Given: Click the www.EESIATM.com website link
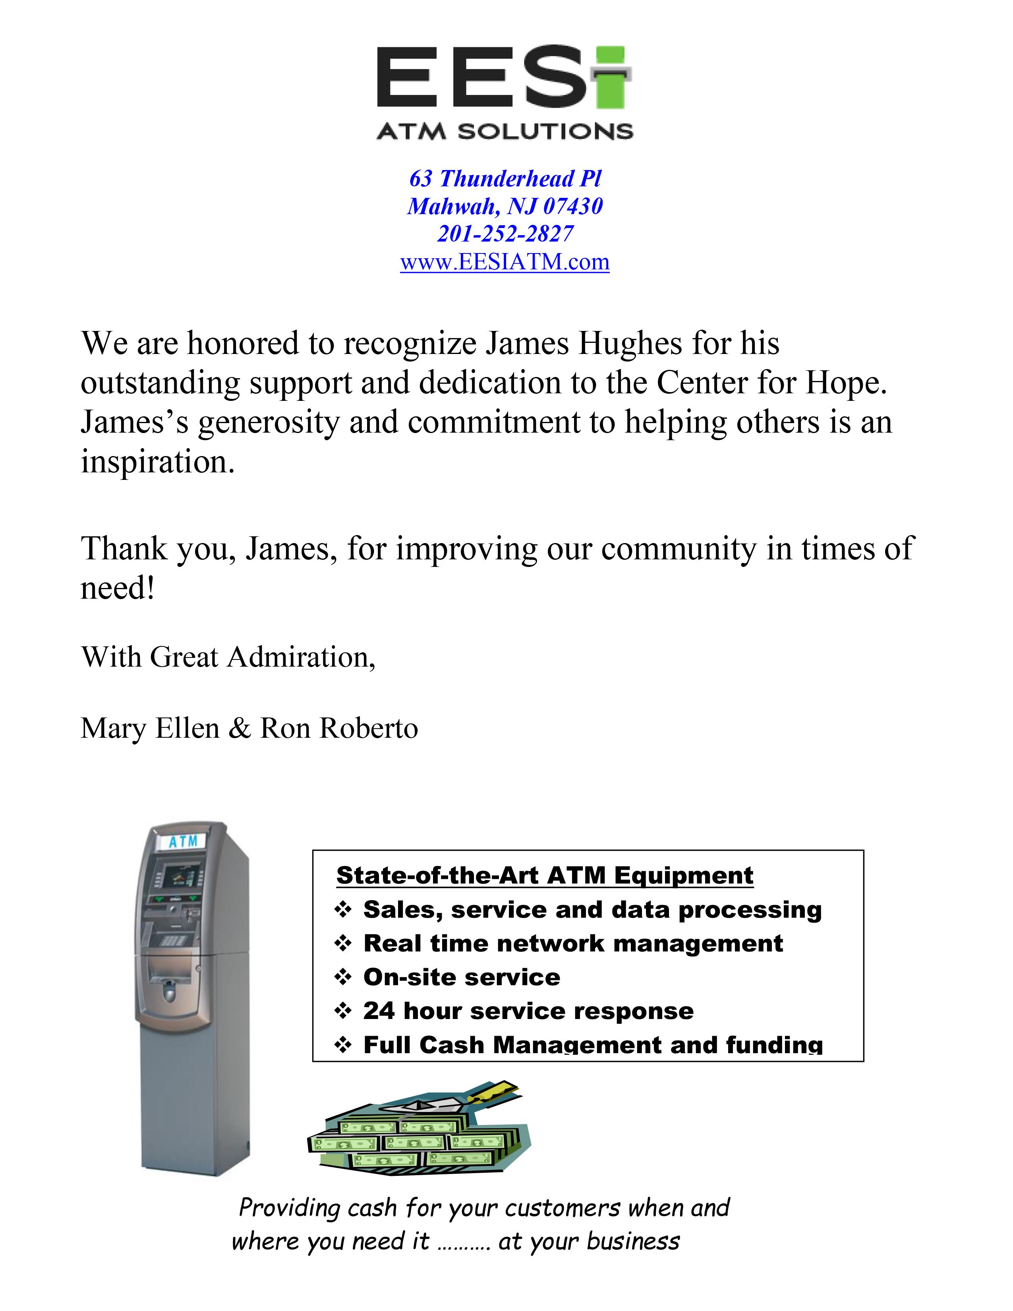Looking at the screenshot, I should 505,262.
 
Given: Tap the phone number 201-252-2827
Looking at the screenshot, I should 505,234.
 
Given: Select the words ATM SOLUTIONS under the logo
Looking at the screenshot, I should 505,131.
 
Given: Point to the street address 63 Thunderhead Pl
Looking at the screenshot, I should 505,178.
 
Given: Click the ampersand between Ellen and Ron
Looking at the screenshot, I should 240,728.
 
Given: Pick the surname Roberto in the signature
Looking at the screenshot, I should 369,728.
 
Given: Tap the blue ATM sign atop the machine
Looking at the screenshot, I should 182,841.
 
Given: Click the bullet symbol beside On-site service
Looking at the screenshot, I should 343,978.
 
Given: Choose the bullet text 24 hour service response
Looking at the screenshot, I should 528,1011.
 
